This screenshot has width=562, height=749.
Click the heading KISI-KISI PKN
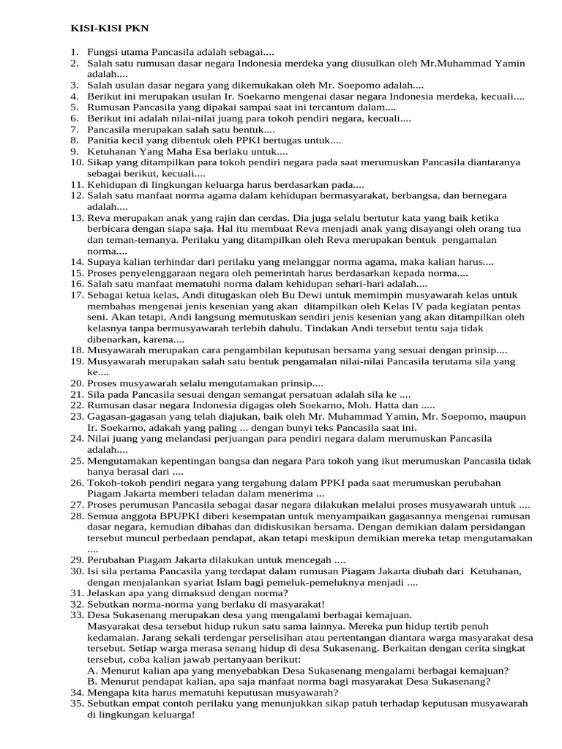[99, 29]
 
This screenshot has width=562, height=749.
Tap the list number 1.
[75, 53]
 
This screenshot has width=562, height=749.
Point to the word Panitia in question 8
[103, 140]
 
